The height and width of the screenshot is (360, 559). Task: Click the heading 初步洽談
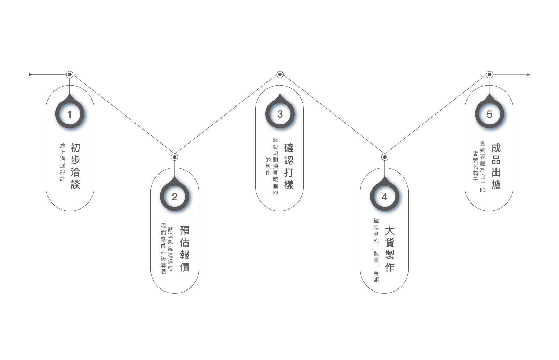point(75,166)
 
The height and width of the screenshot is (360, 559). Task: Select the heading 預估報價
point(185,249)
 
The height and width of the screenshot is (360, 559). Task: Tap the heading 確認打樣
point(289,166)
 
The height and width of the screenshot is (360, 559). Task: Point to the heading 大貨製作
point(390,249)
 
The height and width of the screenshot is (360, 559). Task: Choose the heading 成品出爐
point(496,166)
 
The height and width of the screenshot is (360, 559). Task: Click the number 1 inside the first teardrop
point(70,115)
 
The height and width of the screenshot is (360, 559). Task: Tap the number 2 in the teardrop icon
point(175,198)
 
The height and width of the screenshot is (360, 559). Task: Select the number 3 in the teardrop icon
point(280,115)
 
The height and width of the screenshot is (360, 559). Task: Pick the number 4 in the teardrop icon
point(385,198)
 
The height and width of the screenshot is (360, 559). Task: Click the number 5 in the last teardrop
point(490,115)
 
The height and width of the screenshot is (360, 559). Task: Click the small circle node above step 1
point(70,74)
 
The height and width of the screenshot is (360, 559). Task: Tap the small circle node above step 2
point(175,157)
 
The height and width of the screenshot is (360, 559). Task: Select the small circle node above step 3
point(280,74)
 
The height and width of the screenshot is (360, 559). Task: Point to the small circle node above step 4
point(384,157)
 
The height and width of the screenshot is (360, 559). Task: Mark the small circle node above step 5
point(490,74)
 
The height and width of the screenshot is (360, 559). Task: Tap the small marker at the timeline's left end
point(30,74)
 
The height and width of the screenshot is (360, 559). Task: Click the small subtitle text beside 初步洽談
point(63,162)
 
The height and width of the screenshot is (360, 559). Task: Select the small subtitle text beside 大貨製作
point(376,250)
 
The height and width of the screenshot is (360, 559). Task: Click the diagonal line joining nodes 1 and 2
point(122,116)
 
